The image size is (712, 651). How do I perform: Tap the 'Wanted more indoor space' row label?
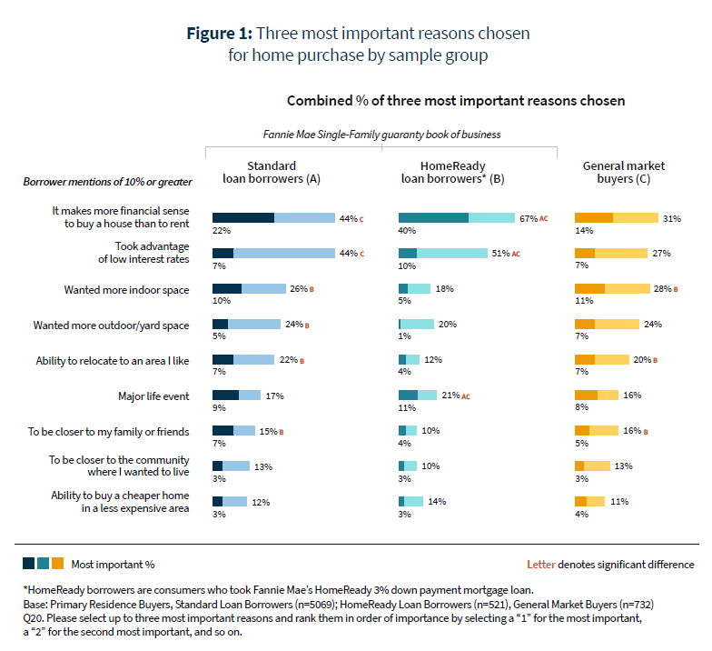(x=126, y=289)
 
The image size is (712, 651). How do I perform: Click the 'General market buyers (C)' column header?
(x=624, y=173)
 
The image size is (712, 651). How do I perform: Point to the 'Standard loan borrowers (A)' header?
(x=271, y=173)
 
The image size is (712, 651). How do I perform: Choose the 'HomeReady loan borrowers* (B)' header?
(x=452, y=173)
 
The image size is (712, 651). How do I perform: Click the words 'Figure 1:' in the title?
(x=219, y=34)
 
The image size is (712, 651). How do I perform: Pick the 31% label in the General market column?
(x=672, y=218)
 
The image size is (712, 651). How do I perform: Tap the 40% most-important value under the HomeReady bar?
(x=406, y=231)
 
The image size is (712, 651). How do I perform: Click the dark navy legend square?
(x=28, y=564)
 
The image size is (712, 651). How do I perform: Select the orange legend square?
(x=57, y=564)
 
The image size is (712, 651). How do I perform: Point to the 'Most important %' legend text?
(x=113, y=564)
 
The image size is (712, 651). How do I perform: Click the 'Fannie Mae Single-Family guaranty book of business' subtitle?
(x=381, y=134)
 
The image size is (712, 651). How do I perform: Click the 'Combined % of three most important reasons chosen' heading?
(x=456, y=101)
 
